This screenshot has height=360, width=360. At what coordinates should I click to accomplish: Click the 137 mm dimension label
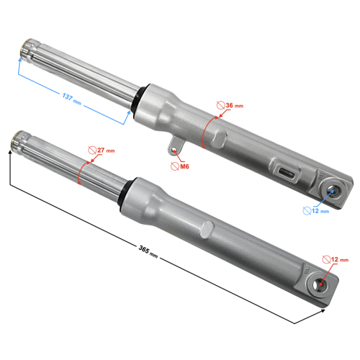(71, 99)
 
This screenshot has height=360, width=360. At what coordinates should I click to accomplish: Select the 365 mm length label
(148, 251)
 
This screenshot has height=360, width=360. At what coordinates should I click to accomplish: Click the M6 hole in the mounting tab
(174, 150)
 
